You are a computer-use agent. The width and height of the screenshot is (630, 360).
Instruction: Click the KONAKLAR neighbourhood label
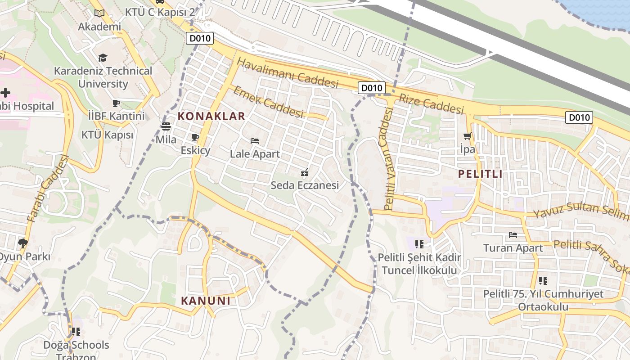click(211, 116)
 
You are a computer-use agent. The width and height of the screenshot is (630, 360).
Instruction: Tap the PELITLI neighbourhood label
click(480, 174)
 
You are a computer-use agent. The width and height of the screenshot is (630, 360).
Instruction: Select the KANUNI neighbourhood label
click(206, 301)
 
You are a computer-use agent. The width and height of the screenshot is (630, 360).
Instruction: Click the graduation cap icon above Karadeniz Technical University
click(103, 58)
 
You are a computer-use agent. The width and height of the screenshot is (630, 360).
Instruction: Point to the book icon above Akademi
click(99, 13)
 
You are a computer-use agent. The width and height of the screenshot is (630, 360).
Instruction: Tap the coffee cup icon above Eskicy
click(195, 137)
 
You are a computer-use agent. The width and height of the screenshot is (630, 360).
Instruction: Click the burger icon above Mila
click(166, 126)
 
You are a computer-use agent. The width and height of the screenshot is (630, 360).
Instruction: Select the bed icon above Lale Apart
click(255, 141)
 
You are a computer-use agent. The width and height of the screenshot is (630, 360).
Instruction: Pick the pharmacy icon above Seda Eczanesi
click(305, 172)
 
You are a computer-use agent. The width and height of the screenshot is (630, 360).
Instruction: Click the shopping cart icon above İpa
click(468, 136)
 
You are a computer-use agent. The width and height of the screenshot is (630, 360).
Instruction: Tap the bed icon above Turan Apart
click(513, 234)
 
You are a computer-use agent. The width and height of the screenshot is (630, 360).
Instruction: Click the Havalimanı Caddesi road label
click(288, 73)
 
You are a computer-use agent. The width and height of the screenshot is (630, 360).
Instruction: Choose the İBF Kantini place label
click(117, 116)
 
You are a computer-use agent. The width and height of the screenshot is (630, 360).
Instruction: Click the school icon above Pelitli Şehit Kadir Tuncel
click(419, 244)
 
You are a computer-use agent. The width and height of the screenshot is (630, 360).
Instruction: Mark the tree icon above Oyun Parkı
click(22, 243)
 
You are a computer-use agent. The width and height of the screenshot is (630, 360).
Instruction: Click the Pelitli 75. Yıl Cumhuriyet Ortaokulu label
click(543, 300)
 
